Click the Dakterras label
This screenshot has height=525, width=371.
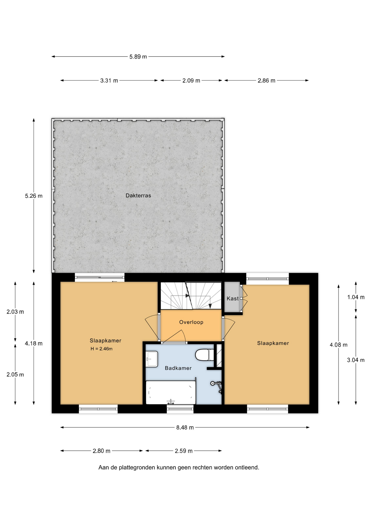[138, 196]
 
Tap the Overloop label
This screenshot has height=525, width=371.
[191, 322]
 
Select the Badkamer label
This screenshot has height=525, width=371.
[178, 368]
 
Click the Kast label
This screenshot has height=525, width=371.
[233, 299]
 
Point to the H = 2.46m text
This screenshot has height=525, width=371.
[102, 349]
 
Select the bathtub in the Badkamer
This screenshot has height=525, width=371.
[171, 392]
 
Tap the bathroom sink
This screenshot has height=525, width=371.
[152, 359]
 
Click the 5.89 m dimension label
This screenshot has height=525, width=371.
[138, 57]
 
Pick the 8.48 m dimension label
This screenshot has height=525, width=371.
[185, 427]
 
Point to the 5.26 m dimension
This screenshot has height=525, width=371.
[34, 196]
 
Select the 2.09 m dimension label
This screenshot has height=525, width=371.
[191, 81]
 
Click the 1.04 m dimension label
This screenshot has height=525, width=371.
[356, 297]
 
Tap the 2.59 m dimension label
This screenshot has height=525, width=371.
[184, 451]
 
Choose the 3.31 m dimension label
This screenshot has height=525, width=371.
[109, 81]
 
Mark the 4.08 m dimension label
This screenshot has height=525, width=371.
[338, 345]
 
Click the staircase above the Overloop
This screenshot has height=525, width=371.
[191, 296]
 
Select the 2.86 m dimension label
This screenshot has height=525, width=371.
[266, 81]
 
